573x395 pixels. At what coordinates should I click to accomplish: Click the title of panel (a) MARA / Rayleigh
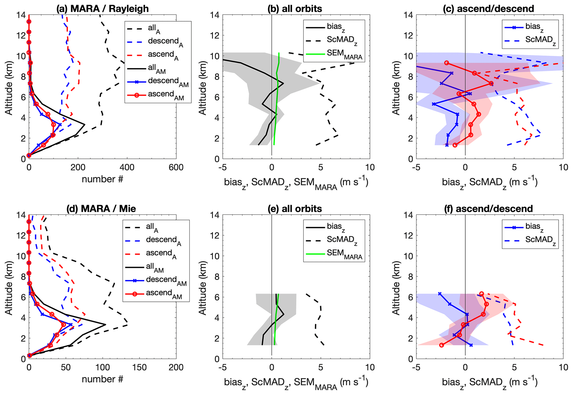(x=102, y=9)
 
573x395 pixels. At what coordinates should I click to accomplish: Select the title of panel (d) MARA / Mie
(x=101, y=208)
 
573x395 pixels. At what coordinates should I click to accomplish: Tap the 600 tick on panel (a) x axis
(x=176, y=167)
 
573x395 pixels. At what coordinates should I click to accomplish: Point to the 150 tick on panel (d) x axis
(x=139, y=368)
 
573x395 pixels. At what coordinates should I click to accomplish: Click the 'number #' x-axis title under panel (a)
(x=102, y=179)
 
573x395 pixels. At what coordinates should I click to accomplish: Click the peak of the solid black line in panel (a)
(x=85, y=124)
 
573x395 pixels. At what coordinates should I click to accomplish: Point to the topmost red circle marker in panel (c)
(x=447, y=63)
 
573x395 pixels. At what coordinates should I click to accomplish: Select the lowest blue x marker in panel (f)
(x=471, y=345)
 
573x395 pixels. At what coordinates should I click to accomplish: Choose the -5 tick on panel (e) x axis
(x=222, y=368)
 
